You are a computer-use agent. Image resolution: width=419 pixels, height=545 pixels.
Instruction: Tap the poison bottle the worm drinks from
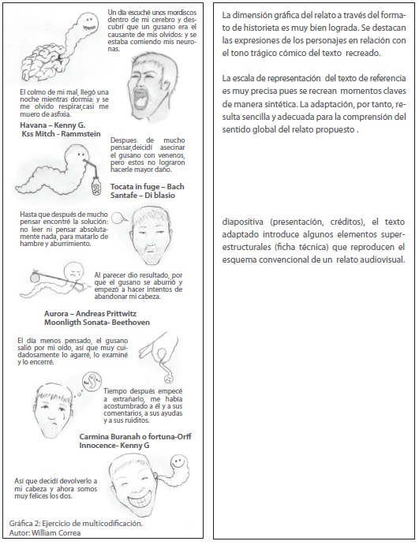[x=96, y=185]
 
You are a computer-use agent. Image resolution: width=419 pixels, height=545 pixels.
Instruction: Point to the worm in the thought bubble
[x=92, y=381]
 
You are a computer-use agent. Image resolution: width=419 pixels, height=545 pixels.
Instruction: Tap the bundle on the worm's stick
[x=35, y=277]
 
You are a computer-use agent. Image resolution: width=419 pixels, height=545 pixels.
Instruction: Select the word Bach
[x=176, y=187]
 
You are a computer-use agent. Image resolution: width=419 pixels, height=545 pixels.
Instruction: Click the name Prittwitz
[x=120, y=314]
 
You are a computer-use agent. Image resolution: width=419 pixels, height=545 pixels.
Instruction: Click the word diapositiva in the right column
[x=244, y=222]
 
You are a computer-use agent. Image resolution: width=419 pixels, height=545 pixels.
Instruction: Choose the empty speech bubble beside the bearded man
[x=120, y=218]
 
